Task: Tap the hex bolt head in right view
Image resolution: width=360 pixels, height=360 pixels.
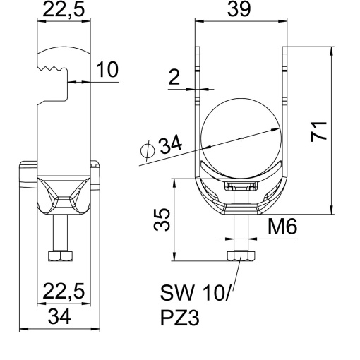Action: tap(240, 256)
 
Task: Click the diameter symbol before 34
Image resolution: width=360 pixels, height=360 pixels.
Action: tap(147, 150)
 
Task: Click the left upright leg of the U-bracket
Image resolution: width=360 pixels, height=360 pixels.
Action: tap(197, 106)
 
